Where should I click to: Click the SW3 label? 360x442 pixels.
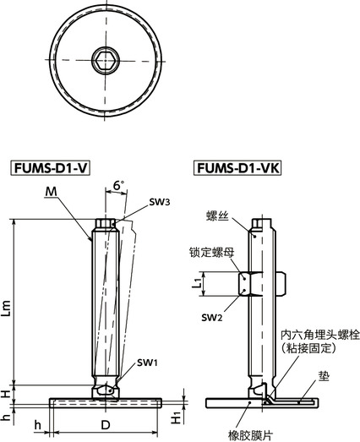point(160,203)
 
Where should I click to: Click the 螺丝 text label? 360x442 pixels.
point(219,216)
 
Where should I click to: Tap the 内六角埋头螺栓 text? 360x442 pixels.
point(319,335)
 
